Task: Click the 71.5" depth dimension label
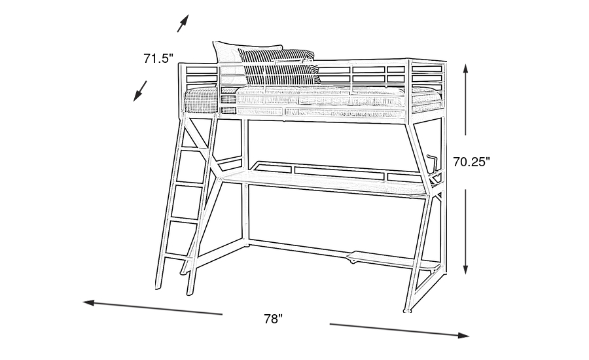coord(158,58)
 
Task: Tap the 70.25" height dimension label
coord(471,162)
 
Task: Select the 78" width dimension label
coord(273,319)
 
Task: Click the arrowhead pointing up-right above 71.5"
coord(184,22)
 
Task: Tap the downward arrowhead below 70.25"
coord(465,268)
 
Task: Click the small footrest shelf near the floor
coord(393,261)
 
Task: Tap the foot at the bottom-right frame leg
coord(407,310)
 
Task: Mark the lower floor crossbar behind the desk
coord(296,250)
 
